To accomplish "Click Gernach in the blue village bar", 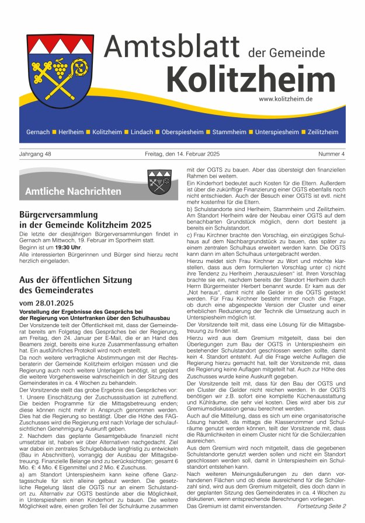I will point(38,132).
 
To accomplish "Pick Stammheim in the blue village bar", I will point(229,132).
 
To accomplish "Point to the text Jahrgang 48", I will point(36,154).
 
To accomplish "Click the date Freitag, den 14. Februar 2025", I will point(182,154).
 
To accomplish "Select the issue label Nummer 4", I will point(331,154).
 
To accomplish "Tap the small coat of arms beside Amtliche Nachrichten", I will point(159,181).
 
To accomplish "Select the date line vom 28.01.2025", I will point(46,303).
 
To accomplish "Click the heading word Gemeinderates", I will point(64,290).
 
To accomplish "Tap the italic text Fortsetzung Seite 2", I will point(321,506).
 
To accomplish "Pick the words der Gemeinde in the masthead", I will point(286,52).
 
